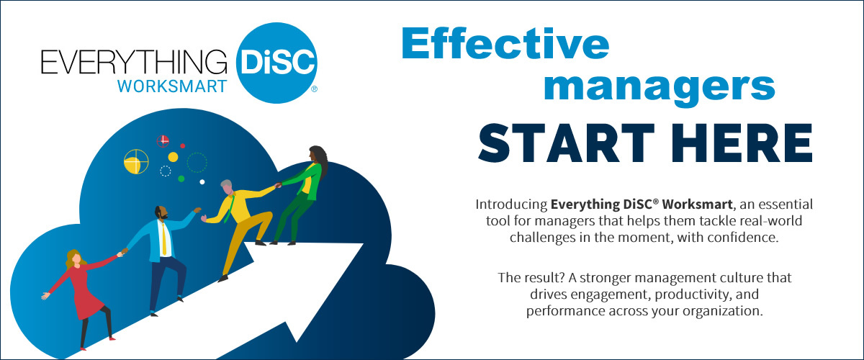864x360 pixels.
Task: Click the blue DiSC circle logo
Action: click(x=276, y=63)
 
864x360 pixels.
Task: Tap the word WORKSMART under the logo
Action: click(x=172, y=86)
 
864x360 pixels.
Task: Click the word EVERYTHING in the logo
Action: click(x=134, y=62)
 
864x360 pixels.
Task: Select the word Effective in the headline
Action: click(x=505, y=43)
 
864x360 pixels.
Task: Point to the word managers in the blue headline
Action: click(x=660, y=88)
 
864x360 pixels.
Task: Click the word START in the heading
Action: click(x=567, y=143)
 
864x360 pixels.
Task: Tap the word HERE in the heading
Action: click(x=742, y=143)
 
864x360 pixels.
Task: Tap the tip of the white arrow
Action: click(x=364, y=244)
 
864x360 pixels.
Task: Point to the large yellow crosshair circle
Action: click(x=136, y=161)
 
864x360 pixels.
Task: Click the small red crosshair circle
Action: click(x=163, y=141)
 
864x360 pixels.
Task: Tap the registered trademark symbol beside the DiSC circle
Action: click(x=314, y=89)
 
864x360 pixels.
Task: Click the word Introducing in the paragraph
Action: click(x=511, y=204)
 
